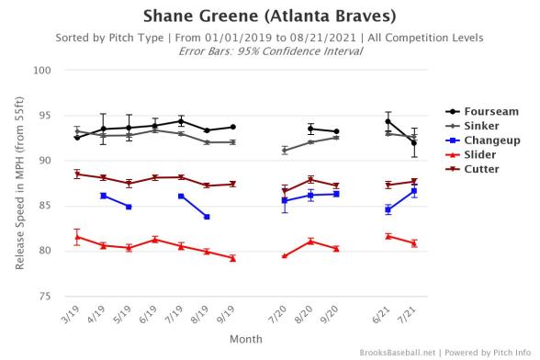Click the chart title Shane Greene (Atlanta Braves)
[x=269, y=17]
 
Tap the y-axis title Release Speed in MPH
[x=20, y=184]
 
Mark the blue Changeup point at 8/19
[x=207, y=217]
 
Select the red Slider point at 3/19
[x=77, y=237]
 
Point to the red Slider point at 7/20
[x=285, y=256]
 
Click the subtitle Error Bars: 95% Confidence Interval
[x=269, y=51]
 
